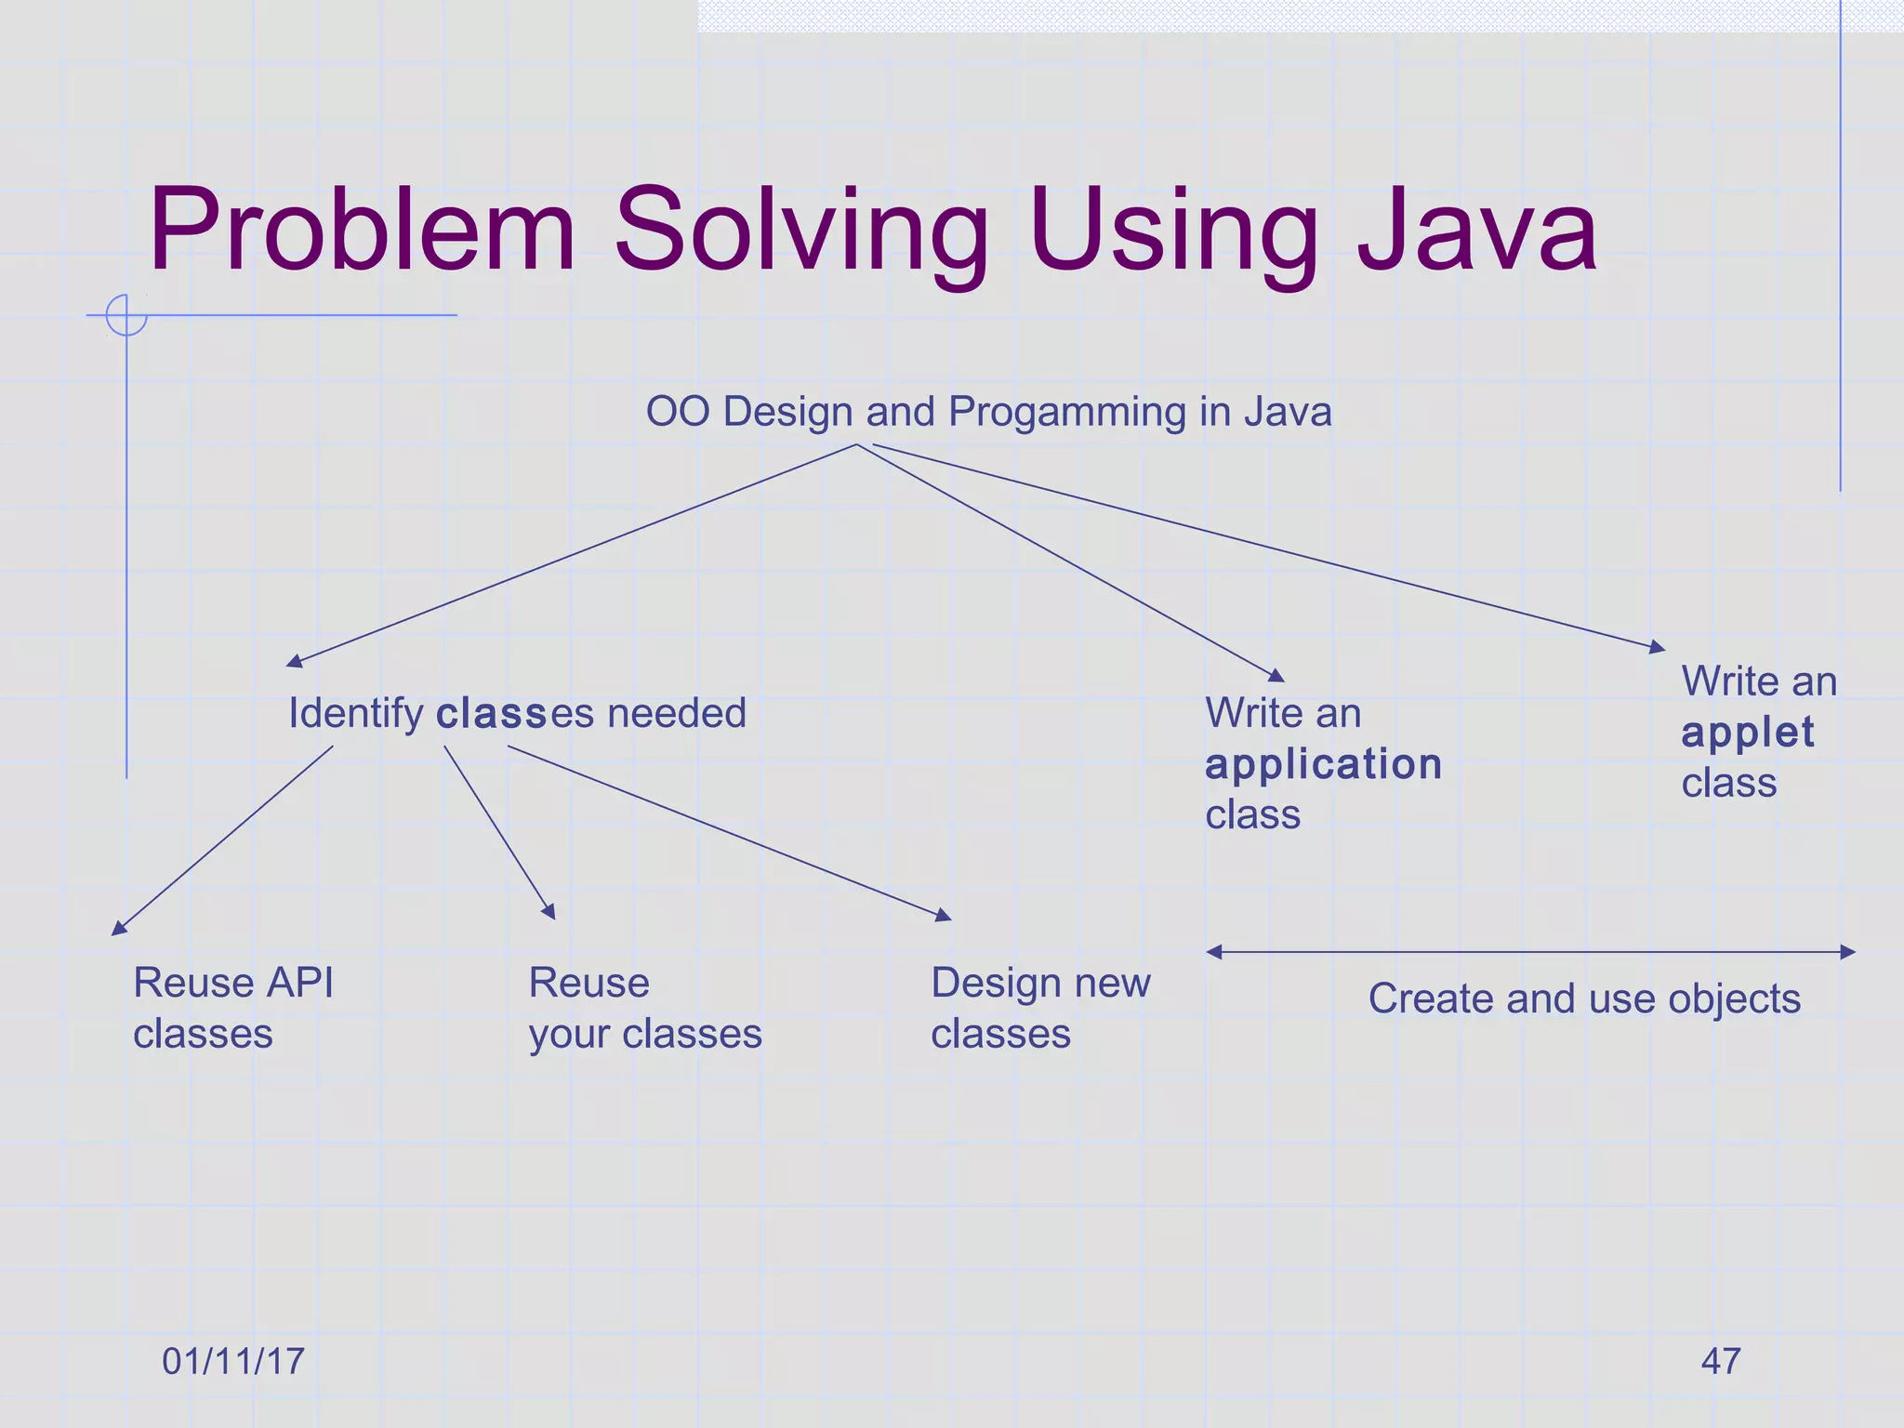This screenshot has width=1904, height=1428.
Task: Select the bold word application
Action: tap(1323, 764)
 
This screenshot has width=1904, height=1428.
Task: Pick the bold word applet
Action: tap(1747, 733)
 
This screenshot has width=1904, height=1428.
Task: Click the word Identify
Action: tap(355, 714)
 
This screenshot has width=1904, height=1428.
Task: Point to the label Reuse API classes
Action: tap(232, 1008)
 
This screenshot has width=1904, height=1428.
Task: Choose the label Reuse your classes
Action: tap(644, 1008)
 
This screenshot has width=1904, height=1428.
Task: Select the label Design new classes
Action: tap(1040, 1008)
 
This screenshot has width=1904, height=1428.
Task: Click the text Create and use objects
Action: tap(1584, 999)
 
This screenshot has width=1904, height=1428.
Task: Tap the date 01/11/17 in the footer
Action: tap(232, 1361)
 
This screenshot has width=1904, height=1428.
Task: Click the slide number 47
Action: tap(1720, 1361)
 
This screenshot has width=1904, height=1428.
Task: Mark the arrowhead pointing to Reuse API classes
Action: tap(118, 928)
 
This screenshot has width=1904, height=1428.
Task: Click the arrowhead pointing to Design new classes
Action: tap(945, 916)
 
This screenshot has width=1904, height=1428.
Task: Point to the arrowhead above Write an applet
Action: tap(1658, 647)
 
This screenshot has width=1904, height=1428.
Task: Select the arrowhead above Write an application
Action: tap(1277, 676)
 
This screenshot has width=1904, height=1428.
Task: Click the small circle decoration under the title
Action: tap(126, 315)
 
